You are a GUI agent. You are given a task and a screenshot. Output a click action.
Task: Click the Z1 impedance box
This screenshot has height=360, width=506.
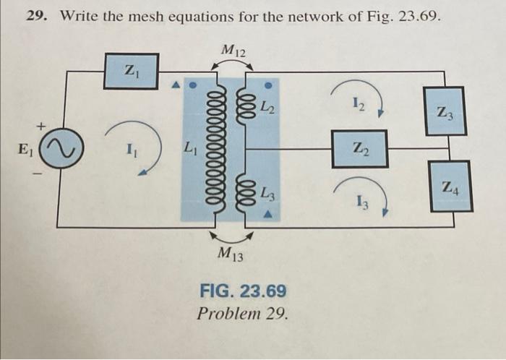(131, 71)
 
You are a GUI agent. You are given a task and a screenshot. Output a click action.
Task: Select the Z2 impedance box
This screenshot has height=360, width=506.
(359, 149)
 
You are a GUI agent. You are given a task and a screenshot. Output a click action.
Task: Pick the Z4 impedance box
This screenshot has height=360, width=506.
(450, 187)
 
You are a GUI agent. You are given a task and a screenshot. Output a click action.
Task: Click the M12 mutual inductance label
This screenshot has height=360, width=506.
(233, 51)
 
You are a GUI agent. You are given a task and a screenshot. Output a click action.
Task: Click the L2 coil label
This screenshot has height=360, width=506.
(267, 109)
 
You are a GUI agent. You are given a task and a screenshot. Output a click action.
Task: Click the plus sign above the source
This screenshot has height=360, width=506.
(41, 127)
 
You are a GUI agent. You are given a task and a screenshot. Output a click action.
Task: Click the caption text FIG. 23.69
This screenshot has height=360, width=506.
(243, 291)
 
